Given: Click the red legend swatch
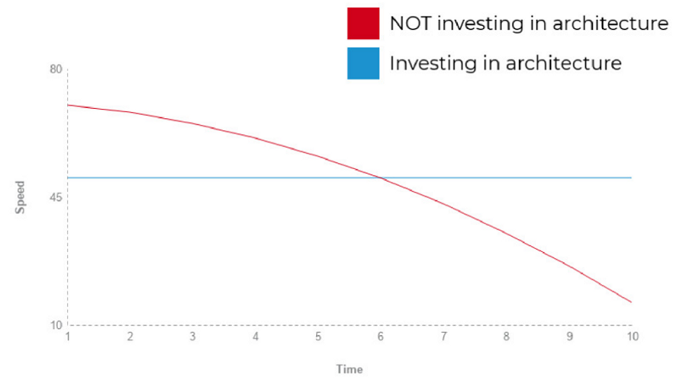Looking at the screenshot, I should tap(363, 23).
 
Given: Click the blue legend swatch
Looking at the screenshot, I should tap(363, 63).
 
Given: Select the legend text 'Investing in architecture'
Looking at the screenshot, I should tap(505, 63).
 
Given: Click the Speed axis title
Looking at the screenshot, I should tap(21, 197).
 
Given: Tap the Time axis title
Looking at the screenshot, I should tap(350, 369).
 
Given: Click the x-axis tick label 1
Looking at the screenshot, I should tap(68, 337).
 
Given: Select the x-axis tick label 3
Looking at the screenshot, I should tap(193, 337).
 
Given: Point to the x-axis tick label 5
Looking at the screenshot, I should tap(318, 337).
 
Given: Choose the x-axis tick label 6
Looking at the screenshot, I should tap(381, 337).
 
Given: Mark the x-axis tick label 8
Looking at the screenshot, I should tap(506, 337).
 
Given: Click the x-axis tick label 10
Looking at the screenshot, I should tap(633, 337).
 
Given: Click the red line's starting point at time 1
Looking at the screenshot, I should tap(68, 105).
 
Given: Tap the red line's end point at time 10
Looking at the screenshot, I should tap(631, 302).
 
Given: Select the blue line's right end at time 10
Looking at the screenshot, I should tap(631, 178).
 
